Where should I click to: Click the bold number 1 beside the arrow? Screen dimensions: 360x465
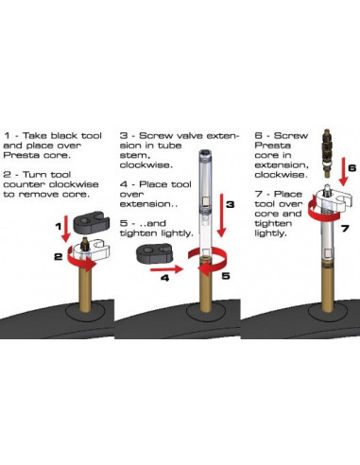(59, 226)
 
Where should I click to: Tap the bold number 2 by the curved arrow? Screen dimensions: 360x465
(59, 257)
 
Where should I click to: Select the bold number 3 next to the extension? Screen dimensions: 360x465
(231, 204)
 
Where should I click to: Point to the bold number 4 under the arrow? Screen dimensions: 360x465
(164, 278)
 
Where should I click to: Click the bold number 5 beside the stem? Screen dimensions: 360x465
(226, 276)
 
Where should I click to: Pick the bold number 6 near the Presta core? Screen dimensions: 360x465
(351, 167)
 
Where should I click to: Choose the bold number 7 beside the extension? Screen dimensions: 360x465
(345, 228)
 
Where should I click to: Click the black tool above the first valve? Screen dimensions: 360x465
(92, 222)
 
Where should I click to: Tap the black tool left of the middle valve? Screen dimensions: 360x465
(154, 254)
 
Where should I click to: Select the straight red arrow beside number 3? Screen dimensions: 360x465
(221, 215)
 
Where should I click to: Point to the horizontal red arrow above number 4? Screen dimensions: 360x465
(166, 269)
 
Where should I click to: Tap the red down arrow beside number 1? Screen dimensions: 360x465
(66, 229)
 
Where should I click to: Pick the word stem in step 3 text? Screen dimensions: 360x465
(133, 156)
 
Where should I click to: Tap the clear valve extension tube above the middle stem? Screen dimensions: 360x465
(205, 203)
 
